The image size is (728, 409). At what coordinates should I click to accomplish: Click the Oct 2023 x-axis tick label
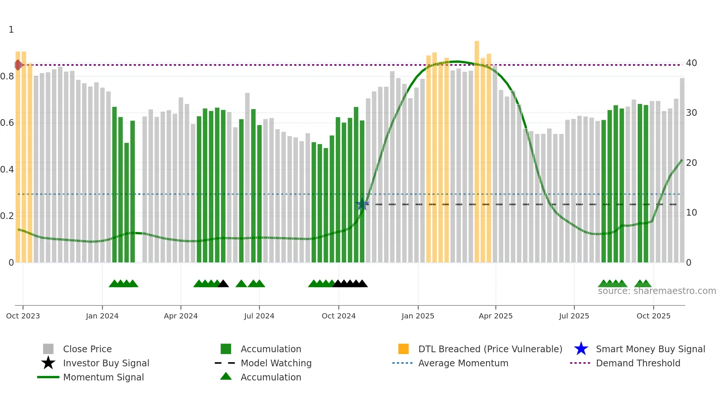click(x=23, y=316)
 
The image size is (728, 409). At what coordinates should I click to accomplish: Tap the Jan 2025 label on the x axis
click(x=418, y=316)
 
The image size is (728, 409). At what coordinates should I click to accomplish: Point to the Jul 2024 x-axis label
click(x=259, y=316)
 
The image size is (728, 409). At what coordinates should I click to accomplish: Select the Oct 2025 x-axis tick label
click(x=653, y=316)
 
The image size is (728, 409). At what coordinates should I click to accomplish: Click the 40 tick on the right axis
click(x=691, y=63)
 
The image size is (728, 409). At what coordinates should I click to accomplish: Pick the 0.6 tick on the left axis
click(x=7, y=123)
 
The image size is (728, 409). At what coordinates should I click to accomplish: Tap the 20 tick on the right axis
click(x=691, y=163)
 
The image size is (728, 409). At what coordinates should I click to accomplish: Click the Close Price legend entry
click(x=87, y=349)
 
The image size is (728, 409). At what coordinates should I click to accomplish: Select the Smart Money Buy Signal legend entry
click(x=650, y=349)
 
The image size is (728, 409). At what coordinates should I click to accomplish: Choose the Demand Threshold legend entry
click(x=638, y=363)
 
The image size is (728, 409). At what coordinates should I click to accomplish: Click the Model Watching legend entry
click(x=276, y=363)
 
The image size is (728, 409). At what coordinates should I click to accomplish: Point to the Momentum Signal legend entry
click(x=103, y=377)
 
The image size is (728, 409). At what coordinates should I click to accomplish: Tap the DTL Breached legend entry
click(x=490, y=349)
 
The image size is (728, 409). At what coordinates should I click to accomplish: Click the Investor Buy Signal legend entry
click(x=106, y=363)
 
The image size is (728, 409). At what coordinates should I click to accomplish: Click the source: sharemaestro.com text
click(x=657, y=291)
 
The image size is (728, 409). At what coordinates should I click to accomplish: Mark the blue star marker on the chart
click(x=362, y=204)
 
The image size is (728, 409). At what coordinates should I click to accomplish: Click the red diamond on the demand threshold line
click(x=18, y=65)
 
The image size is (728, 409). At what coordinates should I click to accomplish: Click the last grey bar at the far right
click(x=682, y=171)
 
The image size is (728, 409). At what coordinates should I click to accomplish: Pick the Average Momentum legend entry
click(x=463, y=363)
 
